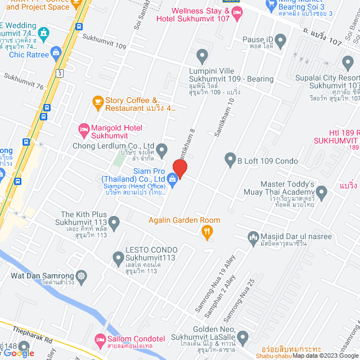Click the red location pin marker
[179, 168]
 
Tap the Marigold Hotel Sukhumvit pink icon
[84, 130]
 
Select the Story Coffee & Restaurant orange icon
[98, 102]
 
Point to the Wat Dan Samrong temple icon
[82, 276]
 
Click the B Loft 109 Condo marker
[229, 159]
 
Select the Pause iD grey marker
[280, 39]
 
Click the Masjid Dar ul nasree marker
[253, 237]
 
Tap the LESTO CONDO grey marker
[118, 259]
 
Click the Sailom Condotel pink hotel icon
[100, 339]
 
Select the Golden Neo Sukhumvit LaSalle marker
[242, 338]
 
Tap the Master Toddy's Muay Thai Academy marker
[322, 193]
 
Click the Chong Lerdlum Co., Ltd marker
[162, 150]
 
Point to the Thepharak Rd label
[34, 332]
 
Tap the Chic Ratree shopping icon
[56, 53]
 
